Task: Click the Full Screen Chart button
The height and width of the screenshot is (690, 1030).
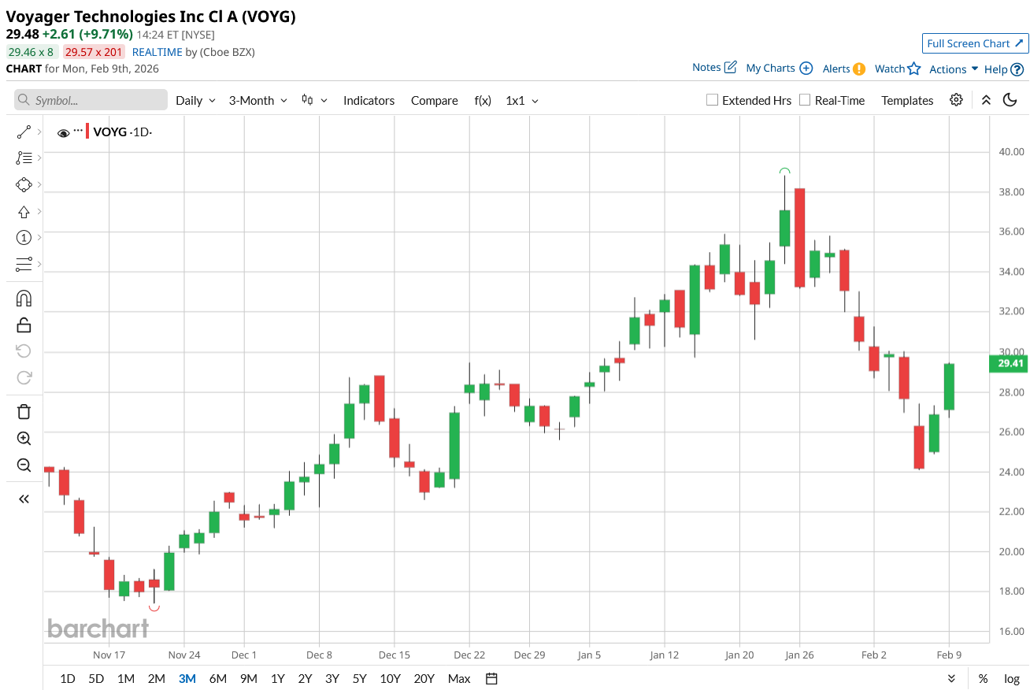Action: pyautogui.click(x=975, y=43)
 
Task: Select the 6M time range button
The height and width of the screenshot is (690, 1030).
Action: pyautogui.click(x=218, y=678)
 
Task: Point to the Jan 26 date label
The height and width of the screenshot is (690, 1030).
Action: pyautogui.click(x=799, y=655)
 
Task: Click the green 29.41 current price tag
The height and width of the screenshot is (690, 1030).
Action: pyautogui.click(x=1010, y=363)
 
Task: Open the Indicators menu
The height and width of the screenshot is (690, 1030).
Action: pyautogui.click(x=369, y=100)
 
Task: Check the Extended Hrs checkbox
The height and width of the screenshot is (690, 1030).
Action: pyautogui.click(x=713, y=100)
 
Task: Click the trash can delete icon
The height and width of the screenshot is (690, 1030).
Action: pyautogui.click(x=24, y=411)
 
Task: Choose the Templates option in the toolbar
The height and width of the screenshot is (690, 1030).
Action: pyautogui.click(x=907, y=100)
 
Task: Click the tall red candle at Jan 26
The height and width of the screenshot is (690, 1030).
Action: pyautogui.click(x=800, y=237)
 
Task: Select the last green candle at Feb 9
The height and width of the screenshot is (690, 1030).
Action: pyautogui.click(x=949, y=386)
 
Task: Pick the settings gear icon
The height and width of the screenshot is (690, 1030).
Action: pyautogui.click(x=956, y=100)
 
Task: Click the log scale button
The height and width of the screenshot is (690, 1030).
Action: pyautogui.click(x=1012, y=678)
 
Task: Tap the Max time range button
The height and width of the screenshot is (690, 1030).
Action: pyautogui.click(x=458, y=678)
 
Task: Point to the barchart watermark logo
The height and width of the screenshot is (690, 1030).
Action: pyautogui.click(x=98, y=629)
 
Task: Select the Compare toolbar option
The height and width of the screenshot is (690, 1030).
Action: pyautogui.click(x=434, y=100)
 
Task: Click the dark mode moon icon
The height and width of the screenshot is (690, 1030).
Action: pyautogui.click(x=1010, y=100)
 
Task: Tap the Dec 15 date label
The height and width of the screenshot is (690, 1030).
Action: pyautogui.click(x=395, y=655)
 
